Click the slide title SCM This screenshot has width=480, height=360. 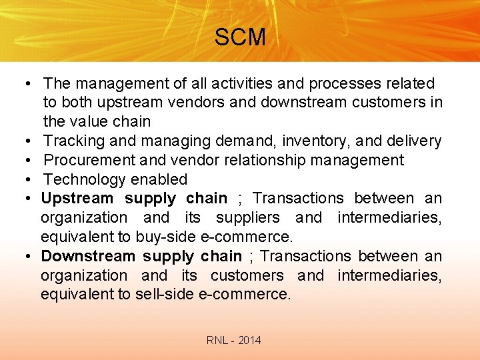239,37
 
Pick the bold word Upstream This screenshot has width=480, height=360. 77,198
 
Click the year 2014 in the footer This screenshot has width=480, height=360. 249,341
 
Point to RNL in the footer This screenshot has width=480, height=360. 217,341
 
